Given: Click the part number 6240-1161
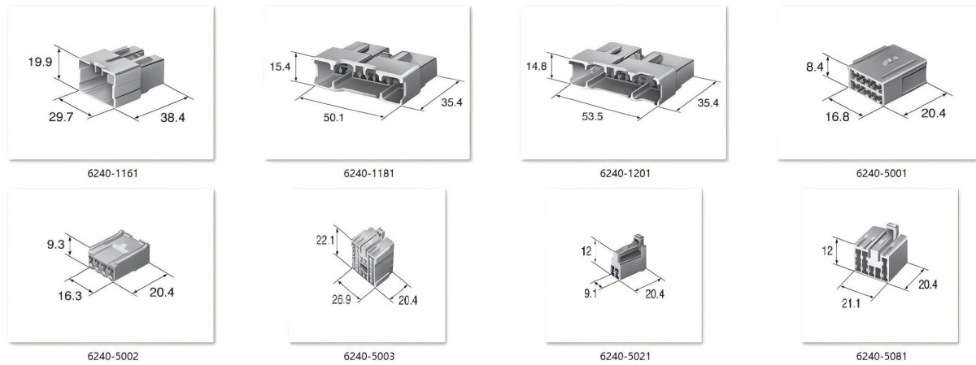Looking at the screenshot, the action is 112,173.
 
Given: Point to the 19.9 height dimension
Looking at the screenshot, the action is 40,62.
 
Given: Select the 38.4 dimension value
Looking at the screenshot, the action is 172,117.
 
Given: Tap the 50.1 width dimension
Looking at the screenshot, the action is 333,118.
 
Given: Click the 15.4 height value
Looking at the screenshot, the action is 280,67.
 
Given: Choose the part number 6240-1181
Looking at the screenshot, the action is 368,173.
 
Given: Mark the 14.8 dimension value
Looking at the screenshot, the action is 536,66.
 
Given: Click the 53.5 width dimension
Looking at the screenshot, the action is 592,117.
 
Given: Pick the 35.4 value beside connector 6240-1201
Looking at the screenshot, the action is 708,102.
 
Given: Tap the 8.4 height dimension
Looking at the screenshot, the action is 815,67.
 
